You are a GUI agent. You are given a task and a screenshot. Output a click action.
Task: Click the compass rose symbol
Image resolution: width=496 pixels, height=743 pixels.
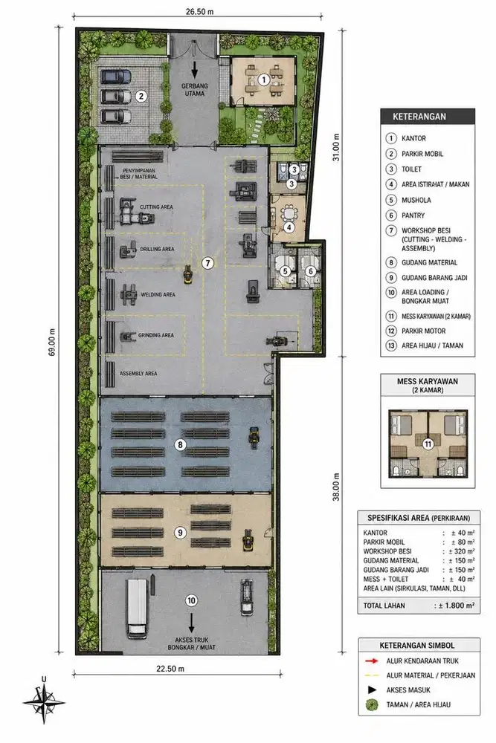coord(44,701)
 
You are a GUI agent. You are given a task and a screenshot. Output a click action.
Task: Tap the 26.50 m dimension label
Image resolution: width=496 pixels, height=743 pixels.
coord(199,11)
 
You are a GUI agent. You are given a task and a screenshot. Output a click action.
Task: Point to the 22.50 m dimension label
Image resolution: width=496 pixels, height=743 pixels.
coord(170,669)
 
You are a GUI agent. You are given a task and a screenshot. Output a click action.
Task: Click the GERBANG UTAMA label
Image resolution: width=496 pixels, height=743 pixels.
coord(194,90)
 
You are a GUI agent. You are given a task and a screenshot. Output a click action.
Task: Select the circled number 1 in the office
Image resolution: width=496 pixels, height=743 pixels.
coord(264,80)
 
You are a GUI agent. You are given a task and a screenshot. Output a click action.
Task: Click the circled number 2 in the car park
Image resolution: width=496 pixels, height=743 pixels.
coord(141,96)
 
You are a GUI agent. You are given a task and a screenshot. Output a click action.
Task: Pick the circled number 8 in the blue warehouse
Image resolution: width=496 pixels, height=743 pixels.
coord(180,444)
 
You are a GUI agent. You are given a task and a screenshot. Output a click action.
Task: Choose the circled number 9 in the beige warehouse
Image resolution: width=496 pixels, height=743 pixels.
coord(180,533)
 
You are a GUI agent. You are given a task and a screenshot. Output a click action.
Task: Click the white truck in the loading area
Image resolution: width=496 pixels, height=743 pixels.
coord(137,609)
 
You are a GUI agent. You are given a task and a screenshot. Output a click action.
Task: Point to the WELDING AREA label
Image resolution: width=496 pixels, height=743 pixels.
coord(158,294)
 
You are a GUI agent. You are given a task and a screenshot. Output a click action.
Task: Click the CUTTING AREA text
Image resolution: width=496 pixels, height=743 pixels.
coord(156,207)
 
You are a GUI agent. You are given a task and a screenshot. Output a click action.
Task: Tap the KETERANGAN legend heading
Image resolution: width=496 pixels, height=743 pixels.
coord(419,117)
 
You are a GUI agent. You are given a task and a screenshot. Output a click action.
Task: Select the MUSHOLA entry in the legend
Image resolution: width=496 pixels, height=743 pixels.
coord(416,200)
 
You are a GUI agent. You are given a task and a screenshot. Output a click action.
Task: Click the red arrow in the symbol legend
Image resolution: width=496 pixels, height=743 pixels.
coord(372,661)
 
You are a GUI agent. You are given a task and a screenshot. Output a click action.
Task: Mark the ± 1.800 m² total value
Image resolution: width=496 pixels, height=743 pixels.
coord(454,605)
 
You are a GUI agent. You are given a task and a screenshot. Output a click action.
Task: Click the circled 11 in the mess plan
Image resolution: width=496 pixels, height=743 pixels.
coord(428,444)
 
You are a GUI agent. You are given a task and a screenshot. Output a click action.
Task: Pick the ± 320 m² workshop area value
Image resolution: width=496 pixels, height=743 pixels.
coord(461,551)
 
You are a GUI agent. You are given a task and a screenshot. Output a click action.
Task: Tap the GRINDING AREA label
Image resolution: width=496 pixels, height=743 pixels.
coord(156,335)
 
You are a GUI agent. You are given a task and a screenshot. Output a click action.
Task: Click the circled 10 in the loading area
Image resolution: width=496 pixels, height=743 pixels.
coord(191,600)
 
